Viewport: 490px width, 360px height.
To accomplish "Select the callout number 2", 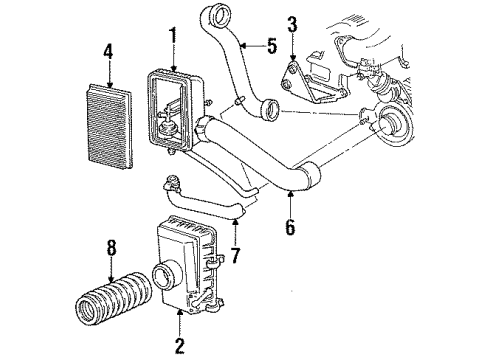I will pos(178,345).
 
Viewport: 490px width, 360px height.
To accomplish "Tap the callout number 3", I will pos(293,23).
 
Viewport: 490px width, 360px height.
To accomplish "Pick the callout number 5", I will pos(270,44).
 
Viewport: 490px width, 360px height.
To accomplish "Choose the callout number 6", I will pos(290,227).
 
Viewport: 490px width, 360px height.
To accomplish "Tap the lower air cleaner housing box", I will pos(185,280).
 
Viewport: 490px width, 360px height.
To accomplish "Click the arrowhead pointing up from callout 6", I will pos(290,195).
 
